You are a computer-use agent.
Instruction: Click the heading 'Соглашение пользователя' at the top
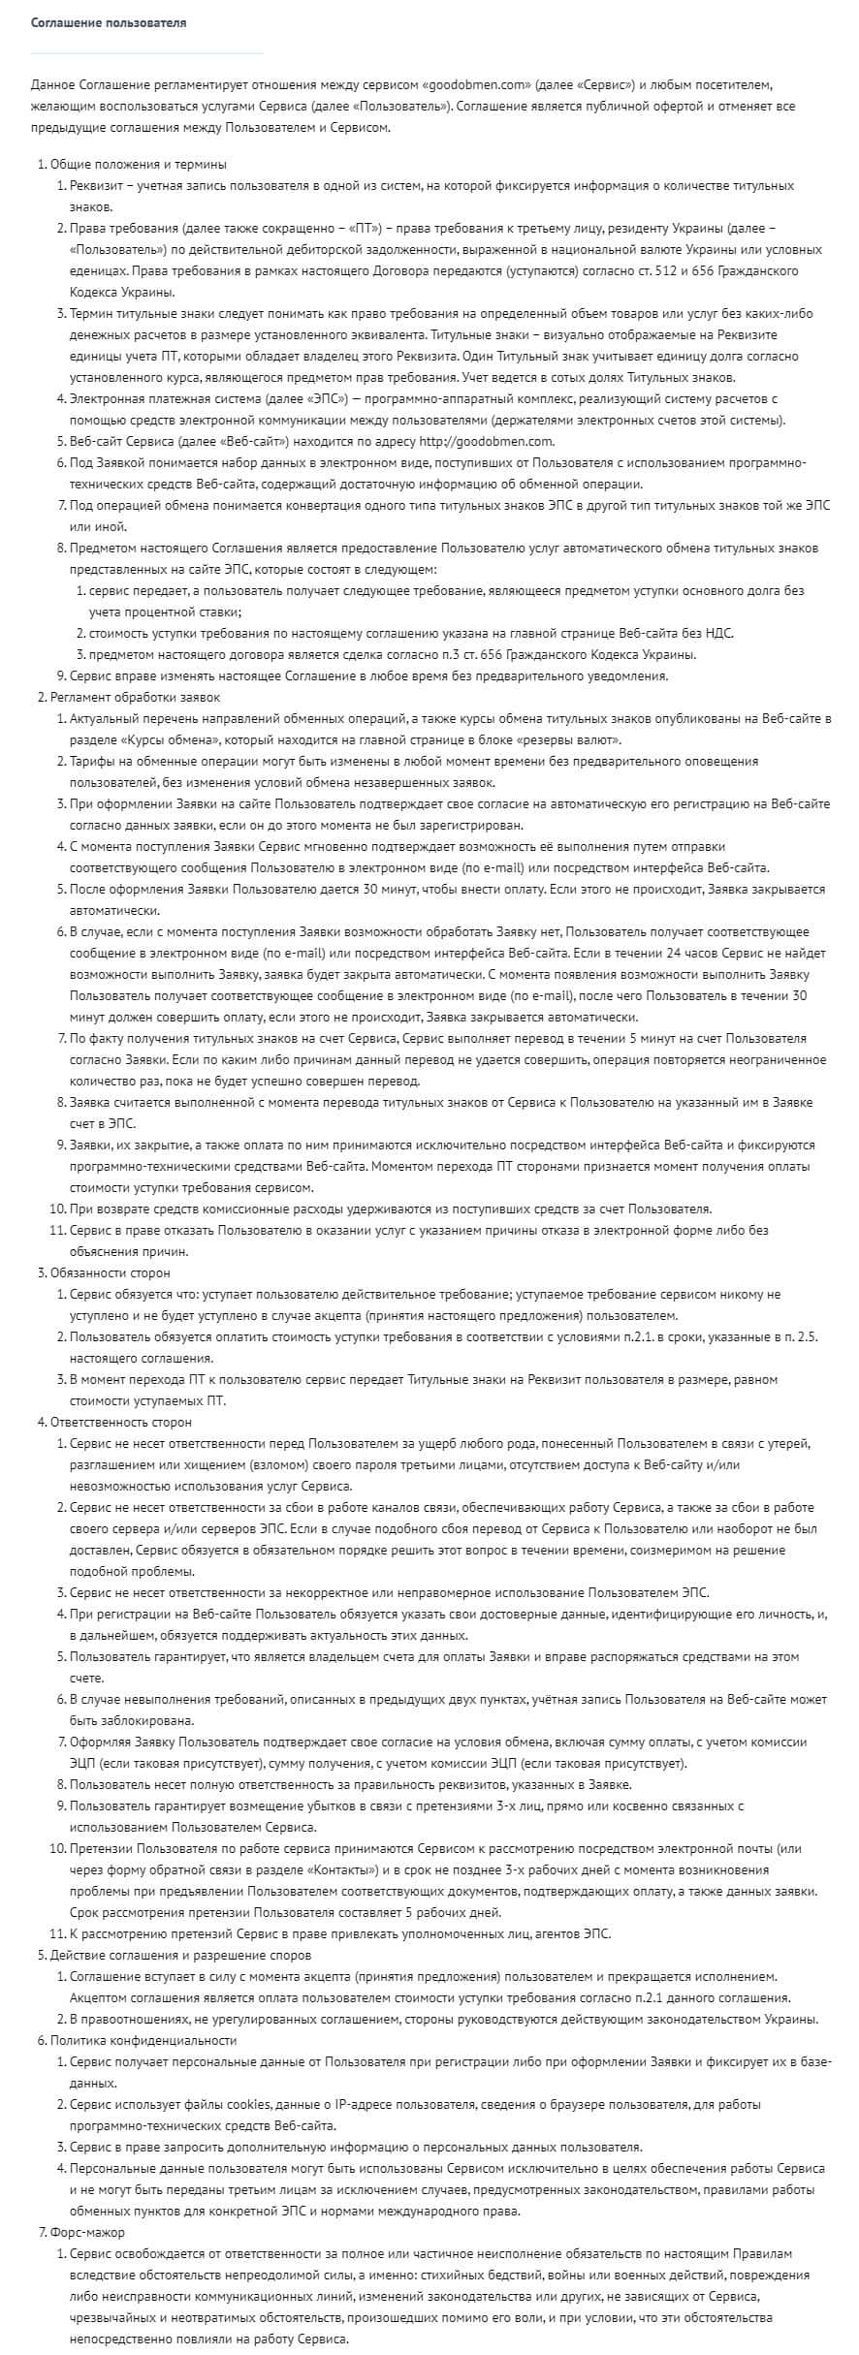109,22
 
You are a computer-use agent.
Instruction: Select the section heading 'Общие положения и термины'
139,164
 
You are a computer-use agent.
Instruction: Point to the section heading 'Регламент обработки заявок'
136,697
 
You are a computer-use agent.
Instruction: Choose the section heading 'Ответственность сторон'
121,1422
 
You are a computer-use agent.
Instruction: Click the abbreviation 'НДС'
717,633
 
